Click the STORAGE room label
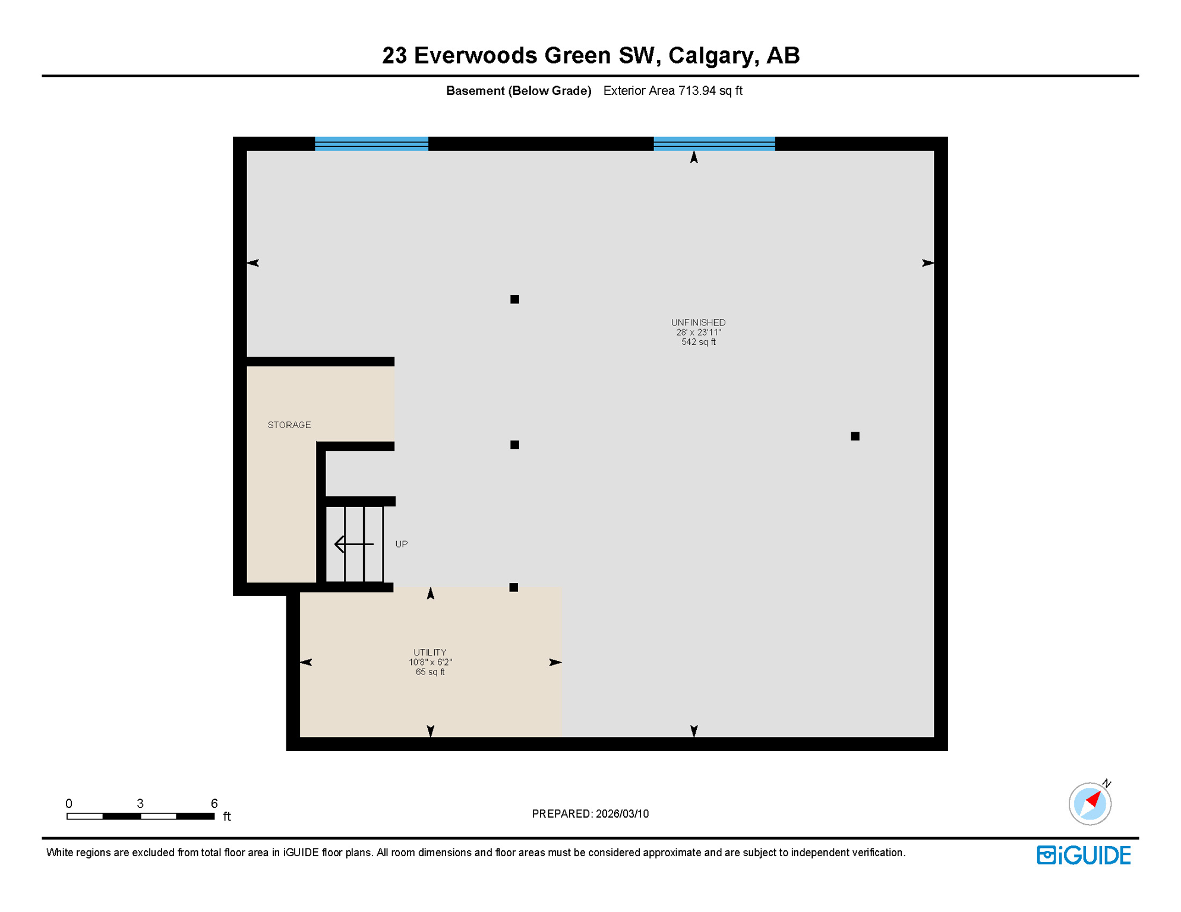coord(289,425)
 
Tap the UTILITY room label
coord(430,652)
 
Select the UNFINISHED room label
coord(698,322)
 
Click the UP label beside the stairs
coord(402,544)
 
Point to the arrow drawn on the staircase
coord(354,544)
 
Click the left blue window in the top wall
coord(371,144)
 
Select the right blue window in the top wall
coord(714,144)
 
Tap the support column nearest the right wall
coord(855,436)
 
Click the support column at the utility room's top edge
coord(514,588)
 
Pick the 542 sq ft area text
coord(698,342)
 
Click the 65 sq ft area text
coord(430,672)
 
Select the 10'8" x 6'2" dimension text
coord(430,662)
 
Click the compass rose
coord(1090,803)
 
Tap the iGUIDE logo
coord(1084,855)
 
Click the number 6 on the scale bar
coord(214,803)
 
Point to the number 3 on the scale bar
coord(140,803)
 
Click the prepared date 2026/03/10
coord(622,814)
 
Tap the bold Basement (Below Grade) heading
coord(519,91)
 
